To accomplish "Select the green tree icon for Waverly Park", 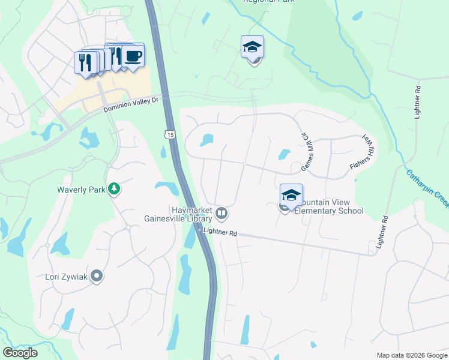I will pos(113,190).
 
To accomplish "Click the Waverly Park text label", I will pos(81,190).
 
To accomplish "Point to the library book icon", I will pos(221,213).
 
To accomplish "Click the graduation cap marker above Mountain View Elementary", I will pos(291,195).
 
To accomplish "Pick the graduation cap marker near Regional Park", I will pos(253,47).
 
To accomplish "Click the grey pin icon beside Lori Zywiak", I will pos(97,277).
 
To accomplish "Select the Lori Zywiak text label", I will pos(67,277).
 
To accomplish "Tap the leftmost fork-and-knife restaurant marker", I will pos(85,62).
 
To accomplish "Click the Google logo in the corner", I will pos(20,353).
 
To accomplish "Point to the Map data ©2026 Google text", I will pos(411,355).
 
